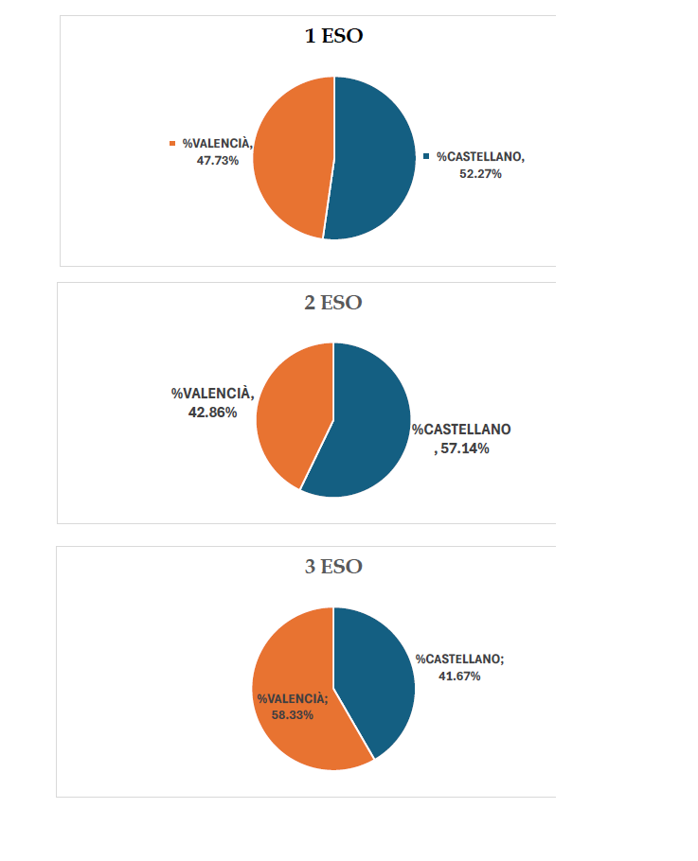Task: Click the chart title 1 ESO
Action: (333, 36)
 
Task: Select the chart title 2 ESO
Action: (333, 303)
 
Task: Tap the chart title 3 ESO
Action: (333, 567)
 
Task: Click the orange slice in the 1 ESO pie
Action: (289, 156)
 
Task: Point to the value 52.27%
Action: (480, 174)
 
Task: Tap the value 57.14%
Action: (462, 448)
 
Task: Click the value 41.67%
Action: (459, 676)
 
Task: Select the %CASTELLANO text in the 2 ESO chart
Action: (461, 430)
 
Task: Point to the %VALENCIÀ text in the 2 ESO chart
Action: (212, 393)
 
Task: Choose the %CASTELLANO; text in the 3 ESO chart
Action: (460, 659)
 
